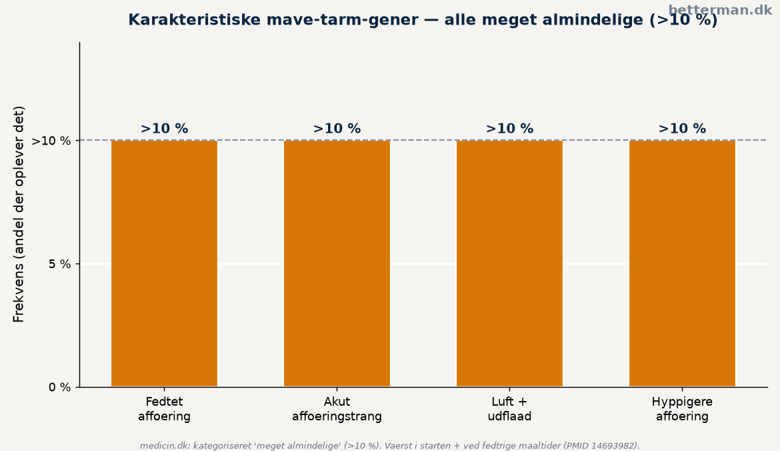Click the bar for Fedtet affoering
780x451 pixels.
pos(164,264)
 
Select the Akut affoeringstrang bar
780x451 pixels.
pos(337,264)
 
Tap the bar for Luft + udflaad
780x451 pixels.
pos(509,264)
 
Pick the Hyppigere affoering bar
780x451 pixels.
pos(682,264)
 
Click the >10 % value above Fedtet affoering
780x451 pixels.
pos(164,129)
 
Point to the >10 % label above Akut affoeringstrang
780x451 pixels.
pos(337,129)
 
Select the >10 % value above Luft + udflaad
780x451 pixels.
pos(509,129)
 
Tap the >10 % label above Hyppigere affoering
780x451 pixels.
pos(682,129)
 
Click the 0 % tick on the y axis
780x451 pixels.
pos(60,387)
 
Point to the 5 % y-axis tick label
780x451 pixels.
pos(60,264)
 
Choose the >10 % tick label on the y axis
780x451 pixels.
pos(51,141)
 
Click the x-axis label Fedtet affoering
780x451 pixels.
pos(164,409)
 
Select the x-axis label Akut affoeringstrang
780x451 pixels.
pos(337,409)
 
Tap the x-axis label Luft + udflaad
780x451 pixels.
pos(509,409)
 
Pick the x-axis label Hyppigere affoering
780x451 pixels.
pos(682,409)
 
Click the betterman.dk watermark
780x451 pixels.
pos(720,10)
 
